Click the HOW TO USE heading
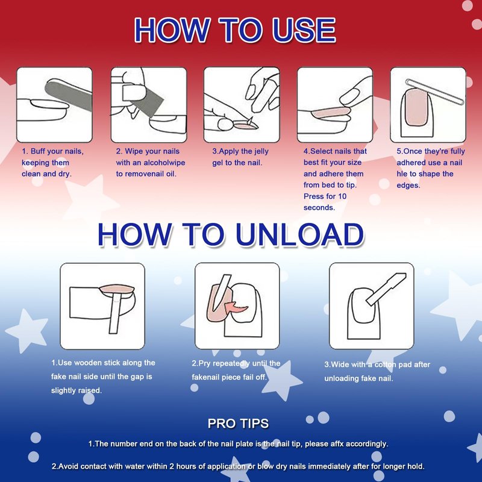tap(235, 30)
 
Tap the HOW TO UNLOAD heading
tap(231, 234)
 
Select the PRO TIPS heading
tap(238, 424)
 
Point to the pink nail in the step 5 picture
tap(416, 107)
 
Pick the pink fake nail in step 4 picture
tap(331, 113)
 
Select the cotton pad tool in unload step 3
tap(386, 289)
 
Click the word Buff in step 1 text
tap(37, 151)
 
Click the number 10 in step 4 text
tap(342, 196)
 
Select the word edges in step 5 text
tap(408, 186)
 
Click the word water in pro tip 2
tap(158, 466)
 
